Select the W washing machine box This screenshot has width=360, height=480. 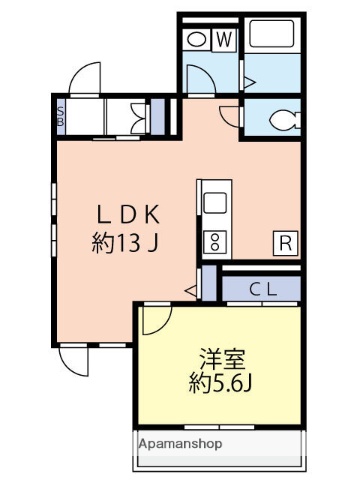click(x=224, y=39)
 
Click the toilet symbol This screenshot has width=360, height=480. click(x=281, y=121)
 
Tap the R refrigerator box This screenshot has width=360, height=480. click(x=284, y=242)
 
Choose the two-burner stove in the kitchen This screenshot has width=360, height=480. click(x=214, y=240)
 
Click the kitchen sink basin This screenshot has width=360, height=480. click(x=214, y=203)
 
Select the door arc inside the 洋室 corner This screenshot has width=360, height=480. click(x=155, y=319)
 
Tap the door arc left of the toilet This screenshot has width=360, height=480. click(x=230, y=115)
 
